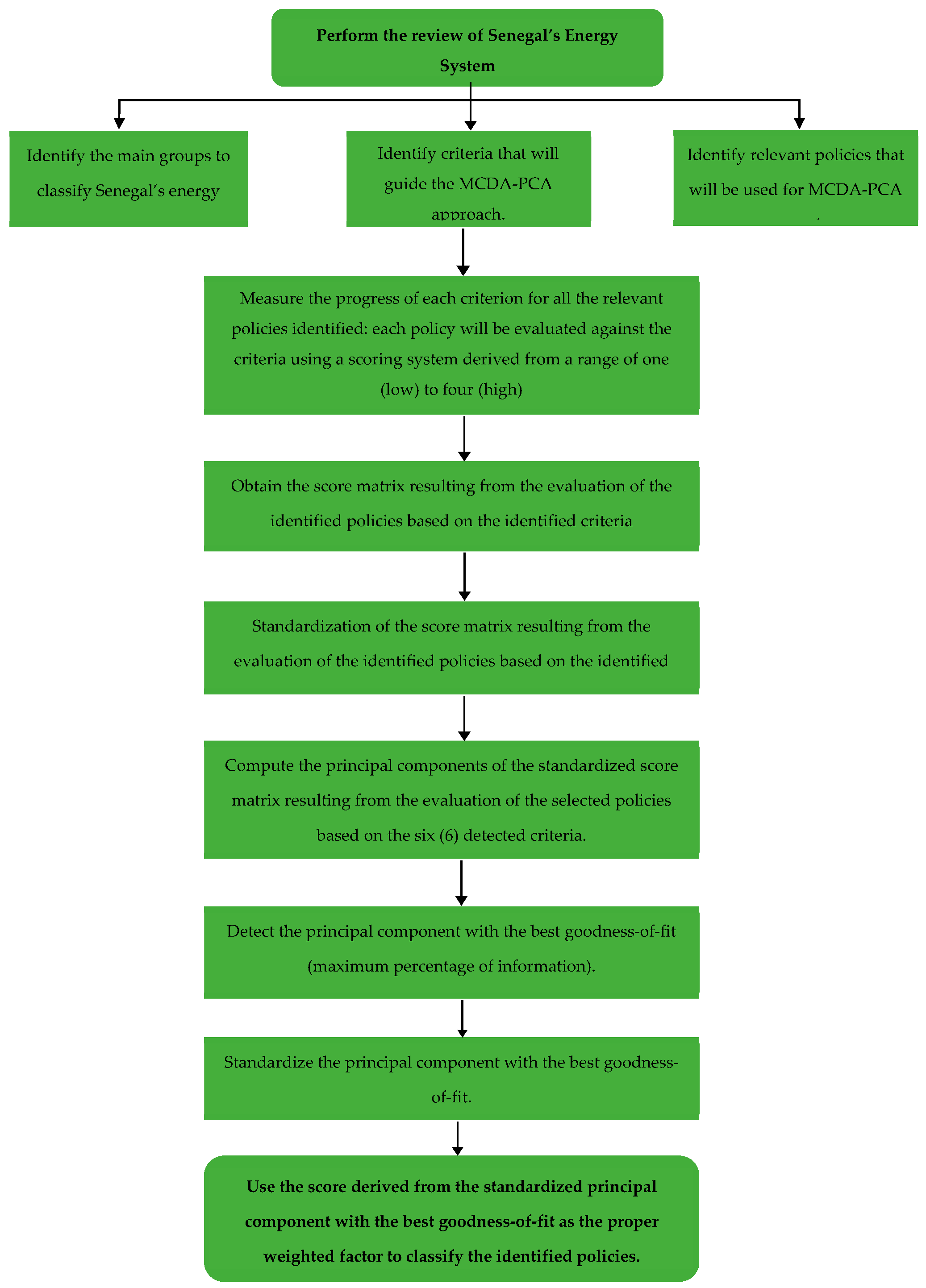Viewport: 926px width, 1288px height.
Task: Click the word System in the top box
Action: pos(467,66)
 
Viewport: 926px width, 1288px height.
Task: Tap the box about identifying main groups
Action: pos(129,179)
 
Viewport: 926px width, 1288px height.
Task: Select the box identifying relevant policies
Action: pos(795,178)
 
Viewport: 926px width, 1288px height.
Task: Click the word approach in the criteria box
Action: pos(467,214)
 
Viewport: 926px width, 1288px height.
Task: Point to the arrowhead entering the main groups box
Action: pos(119,123)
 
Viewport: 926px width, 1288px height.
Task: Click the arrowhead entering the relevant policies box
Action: pos(799,123)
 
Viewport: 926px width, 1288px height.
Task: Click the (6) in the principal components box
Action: pos(449,835)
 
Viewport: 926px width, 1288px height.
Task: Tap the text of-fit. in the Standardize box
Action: pos(451,1097)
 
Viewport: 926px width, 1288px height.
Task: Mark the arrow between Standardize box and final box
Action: pos(457,1138)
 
